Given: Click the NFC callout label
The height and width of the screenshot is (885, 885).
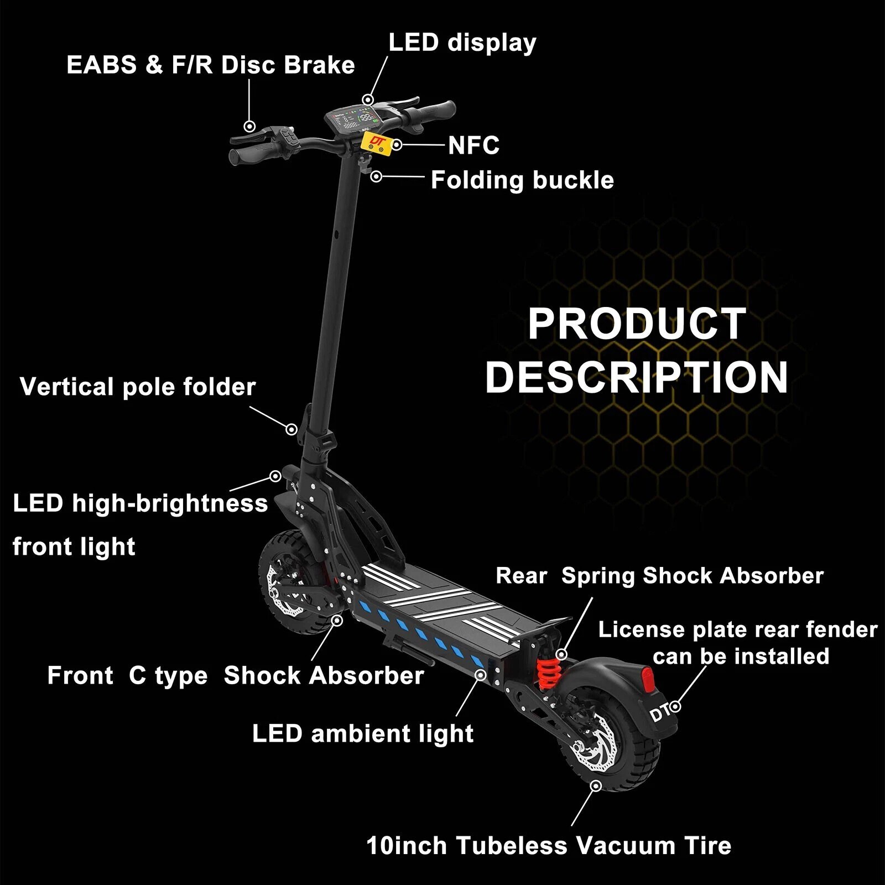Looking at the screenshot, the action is coord(473,146).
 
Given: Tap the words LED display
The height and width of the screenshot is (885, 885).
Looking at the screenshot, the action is coord(462,43).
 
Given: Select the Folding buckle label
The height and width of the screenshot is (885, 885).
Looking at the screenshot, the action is coord(522,180).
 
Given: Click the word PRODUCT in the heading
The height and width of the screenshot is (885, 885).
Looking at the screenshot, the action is coord(637,324).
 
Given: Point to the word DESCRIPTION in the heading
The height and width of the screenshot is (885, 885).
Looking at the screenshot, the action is coord(637,377).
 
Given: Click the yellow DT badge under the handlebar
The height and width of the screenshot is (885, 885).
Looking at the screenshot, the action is coord(377,143).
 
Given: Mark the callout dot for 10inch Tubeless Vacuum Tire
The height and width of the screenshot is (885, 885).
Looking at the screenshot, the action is coord(596,786).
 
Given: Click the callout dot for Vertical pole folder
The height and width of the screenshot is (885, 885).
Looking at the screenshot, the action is coord(291,429).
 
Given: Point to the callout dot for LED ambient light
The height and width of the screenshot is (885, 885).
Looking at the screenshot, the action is coord(481,675).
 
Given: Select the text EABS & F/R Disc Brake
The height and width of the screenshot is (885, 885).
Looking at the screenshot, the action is coord(210,65).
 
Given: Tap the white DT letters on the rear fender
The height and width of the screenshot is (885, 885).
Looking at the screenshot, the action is coord(659,714).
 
